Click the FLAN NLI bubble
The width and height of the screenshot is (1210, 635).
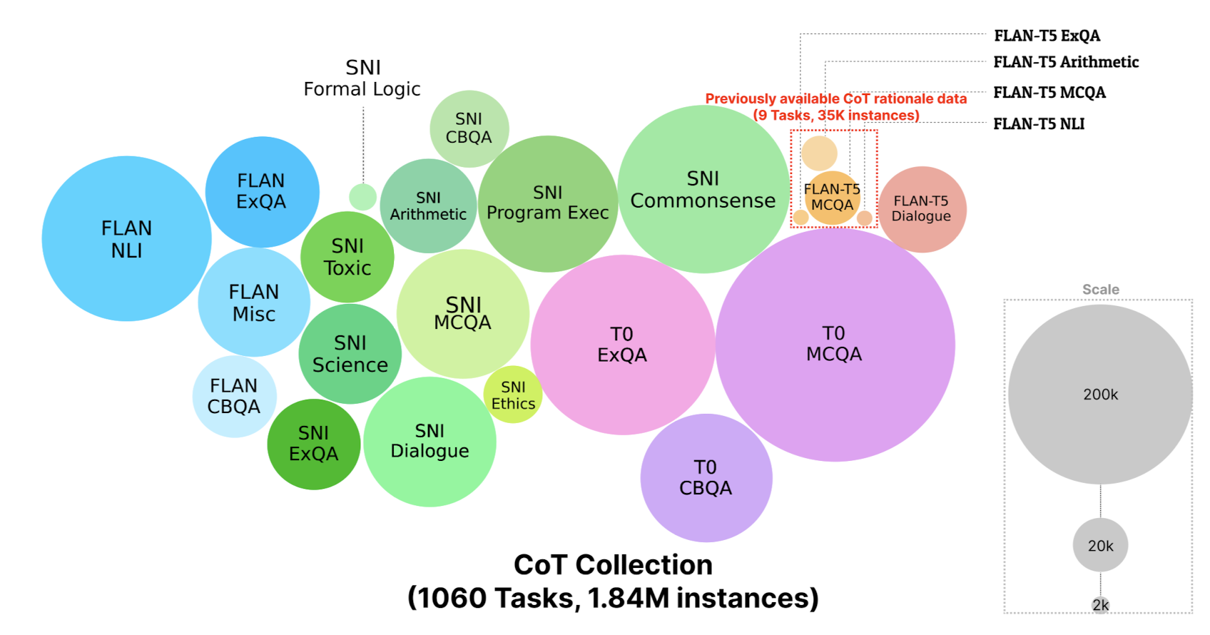coord(126,238)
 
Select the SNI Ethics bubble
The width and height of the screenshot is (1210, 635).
coord(513,395)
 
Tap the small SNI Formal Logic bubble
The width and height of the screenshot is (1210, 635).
coord(362,197)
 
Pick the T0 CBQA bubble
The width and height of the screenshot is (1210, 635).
coord(706,477)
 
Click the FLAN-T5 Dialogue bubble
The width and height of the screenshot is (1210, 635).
coord(922,209)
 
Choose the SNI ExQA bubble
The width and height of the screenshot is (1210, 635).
coord(313,444)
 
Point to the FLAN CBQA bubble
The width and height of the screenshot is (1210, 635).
coord(234,397)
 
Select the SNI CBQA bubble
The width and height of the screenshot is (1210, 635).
coord(469,128)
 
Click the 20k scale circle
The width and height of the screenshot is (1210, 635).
coord(1100,545)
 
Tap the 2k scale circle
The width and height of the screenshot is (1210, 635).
coord(1100,605)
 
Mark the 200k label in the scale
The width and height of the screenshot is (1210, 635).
coord(1100,394)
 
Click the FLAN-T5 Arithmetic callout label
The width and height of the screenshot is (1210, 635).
coord(1066,62)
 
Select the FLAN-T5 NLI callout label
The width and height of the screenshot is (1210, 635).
coord(1039,124)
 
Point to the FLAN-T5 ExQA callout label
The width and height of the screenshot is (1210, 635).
coord(1047,36)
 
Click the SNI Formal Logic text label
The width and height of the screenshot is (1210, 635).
coord(362,78)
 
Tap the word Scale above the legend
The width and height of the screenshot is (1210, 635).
coord(1100,290)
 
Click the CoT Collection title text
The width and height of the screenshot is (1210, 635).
coord(613,565)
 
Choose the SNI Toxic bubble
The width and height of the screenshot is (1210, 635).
coord(347,257)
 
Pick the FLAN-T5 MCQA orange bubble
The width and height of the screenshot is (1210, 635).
coord(832,198)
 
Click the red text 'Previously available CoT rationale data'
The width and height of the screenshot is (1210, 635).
coord(835,99)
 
